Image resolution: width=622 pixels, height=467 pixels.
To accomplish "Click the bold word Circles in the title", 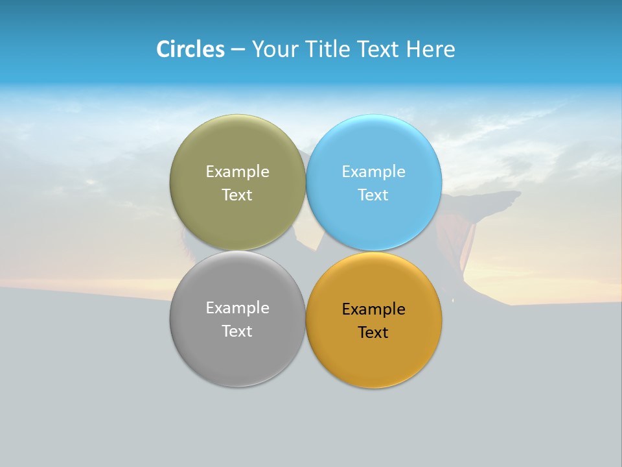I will pyautogui.click(x=190, y=49).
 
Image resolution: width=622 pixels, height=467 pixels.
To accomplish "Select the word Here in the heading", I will pyautogui.click(x=430, y=49).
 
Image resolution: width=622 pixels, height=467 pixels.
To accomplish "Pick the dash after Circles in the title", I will pyautogui.click(x=238, y=49).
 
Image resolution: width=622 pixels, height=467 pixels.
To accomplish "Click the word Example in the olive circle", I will pyautogui.click(x=237, y=172).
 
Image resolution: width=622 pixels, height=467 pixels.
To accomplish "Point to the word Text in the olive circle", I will pyautogui.click(x=237, y=195).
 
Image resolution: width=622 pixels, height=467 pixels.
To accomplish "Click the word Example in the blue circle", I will pyautogui.click(x=373, y=172).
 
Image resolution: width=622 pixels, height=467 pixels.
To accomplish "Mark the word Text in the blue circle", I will pyautogui.click(x=373, y=195).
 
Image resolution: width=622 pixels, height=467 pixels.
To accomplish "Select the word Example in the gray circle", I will pyautogui.click(x=237, y=308).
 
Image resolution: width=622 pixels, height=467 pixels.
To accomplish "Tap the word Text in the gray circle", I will pyautogui.click(x=237, y=331).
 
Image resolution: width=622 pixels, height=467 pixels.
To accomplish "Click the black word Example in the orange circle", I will pyautogui.click(x=373, y=309).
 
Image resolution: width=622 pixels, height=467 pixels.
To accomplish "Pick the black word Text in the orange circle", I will pyautogui.click(x=373, y=333).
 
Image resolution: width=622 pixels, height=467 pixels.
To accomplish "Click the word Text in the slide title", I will pyautogui.click(x=377, y=49).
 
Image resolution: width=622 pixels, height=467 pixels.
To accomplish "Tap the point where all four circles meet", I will pyautogui.click(x=305, y=251).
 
